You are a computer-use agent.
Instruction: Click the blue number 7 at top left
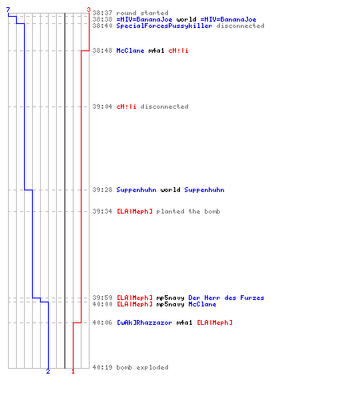tap(8, 10)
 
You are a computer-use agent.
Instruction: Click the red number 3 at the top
tap(89, 10)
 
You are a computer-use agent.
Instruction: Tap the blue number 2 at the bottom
tap(48, 371)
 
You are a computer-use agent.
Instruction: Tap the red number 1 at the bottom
tap(73, 371)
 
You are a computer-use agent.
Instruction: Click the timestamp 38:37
tap(102, 13)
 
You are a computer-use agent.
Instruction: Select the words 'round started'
tap(142, 13)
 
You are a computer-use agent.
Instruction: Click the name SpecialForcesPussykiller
tap(164, 26)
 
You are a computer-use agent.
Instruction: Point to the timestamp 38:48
tap(102, 50)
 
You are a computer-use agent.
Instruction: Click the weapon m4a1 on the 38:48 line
tap(156, 50)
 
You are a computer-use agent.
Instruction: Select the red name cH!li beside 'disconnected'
tap(126, 106)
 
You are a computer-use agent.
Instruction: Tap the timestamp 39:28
tap(102, 190)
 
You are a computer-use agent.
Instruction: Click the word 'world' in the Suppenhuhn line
tap(170, 190)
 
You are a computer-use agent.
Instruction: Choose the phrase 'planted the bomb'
tap(188, 211)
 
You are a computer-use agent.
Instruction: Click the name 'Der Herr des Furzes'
tap(226, 298)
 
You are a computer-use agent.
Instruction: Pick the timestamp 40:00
tap(102, 304)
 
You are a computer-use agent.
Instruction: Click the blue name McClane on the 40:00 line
tap(202, 304)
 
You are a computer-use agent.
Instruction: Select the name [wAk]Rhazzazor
tap(145, 322)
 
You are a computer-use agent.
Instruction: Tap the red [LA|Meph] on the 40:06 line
tap(214, 322)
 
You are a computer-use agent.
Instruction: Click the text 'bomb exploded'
tap(142, 367)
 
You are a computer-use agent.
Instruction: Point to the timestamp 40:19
tap(102, 367)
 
